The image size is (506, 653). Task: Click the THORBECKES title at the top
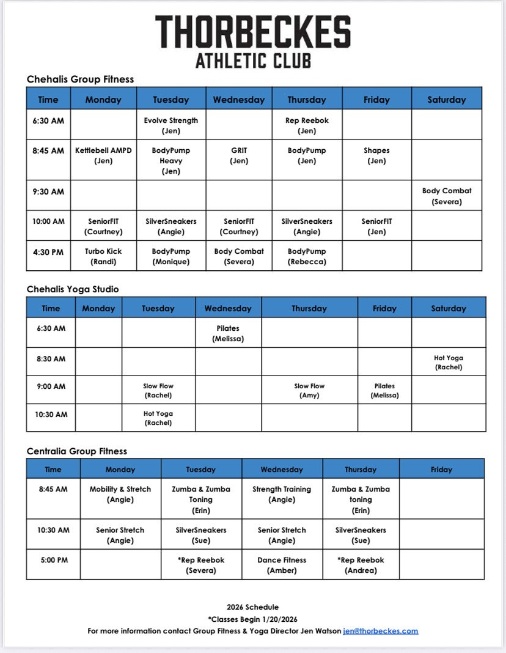[253, 32]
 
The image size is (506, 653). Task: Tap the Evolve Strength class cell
[171, 125]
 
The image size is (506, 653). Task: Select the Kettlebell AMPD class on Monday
[103, 155]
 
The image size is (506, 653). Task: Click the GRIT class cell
[239, 155]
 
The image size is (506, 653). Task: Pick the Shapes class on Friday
[376, 155]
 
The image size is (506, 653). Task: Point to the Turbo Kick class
[103, 256]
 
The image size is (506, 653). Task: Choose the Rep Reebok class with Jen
[307, 125]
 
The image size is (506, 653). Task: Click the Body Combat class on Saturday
[447, 196]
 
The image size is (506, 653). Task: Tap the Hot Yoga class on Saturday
[449, 363]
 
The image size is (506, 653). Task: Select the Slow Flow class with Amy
[309, 391]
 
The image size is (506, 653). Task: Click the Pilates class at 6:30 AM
[228, 333]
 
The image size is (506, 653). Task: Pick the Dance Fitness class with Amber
[282, 565]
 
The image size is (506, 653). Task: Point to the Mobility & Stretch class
[120, 494]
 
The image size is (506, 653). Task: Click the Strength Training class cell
[282, 494]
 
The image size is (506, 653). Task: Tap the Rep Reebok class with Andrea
[361, 565]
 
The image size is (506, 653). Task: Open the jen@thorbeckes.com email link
[381, 631]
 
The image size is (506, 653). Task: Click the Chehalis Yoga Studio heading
[73, 289]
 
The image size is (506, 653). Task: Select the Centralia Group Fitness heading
[77, 451]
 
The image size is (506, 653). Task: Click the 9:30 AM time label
[48, 192]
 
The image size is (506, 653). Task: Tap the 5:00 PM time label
[53, 560]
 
